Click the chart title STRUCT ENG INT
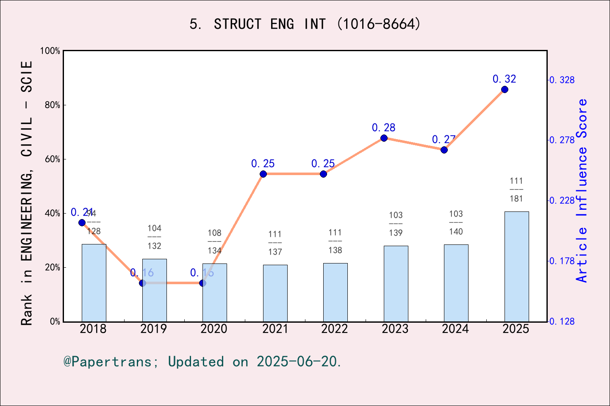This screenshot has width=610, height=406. point(305,24)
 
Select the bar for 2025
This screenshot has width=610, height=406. point(516,266)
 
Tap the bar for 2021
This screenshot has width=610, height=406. point(275,293)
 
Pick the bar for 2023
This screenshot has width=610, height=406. point(396,283)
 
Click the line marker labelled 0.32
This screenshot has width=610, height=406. point(505,89)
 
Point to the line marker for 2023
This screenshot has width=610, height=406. point(384,138)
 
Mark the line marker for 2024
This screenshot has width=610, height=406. point(444,150)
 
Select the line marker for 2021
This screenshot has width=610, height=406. point(263,174)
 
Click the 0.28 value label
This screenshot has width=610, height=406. point(383,127)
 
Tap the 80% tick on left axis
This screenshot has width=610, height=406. point(53,105)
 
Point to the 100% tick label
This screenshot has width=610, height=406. point(50,51)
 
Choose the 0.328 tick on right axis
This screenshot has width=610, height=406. point(562,80)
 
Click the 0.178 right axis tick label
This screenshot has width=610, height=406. point(562,261)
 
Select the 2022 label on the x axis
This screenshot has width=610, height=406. point(334,329)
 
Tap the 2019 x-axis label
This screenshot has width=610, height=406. point(154,329)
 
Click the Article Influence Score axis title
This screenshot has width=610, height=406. point(582,190)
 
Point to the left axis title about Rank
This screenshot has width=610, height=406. point(27,192)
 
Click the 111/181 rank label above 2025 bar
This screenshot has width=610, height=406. point(516,190)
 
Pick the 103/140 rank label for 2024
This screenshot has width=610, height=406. point(456,222)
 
